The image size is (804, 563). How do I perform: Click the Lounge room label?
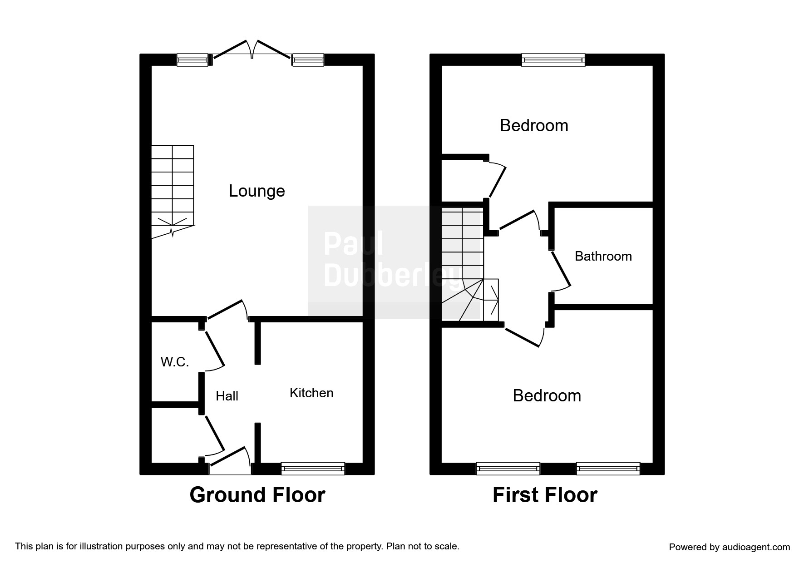pos(256,191)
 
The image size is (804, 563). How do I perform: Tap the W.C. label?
pos(175,362)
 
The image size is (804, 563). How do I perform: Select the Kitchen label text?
pos(311,393)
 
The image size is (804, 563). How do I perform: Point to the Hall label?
pos(227,396)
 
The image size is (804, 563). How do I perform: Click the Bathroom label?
pos(603,256)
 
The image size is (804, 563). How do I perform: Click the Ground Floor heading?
pos(257,495)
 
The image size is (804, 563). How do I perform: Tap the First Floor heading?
pos(545,495)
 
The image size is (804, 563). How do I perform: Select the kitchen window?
pos(313,469)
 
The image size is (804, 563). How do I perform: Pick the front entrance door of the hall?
pos(229,461)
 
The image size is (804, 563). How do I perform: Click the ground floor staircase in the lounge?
pos(173,192)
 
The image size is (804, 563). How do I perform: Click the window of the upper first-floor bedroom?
pos(553,60)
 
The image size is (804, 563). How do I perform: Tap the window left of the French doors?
pos(192,60)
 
